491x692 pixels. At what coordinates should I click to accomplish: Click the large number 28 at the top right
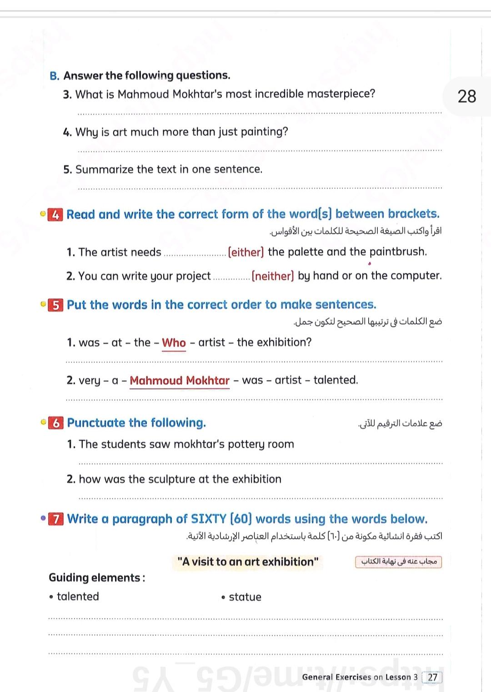pos(467,96)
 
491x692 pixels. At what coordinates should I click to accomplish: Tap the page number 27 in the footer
pos(432,677)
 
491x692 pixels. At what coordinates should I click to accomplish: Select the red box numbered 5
pos(55,305)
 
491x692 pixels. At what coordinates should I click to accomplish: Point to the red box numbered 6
pos(56,423)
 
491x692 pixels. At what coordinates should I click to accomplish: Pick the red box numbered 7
pos(56,519)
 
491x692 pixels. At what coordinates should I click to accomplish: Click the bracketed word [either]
pos(245,252)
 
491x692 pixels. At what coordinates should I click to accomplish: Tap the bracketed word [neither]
pos(273,276)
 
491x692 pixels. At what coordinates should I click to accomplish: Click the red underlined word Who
pos(174,343)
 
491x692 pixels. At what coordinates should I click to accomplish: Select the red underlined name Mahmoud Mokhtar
pos(180,381)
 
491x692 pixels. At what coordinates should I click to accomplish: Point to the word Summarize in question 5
pos(98,169)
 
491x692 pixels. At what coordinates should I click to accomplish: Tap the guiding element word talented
pos(78,597)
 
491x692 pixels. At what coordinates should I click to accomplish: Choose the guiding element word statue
pos(245,597)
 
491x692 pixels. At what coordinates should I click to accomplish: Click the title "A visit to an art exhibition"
pos(248,562)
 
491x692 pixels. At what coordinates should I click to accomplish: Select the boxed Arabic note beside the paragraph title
pos(398,562)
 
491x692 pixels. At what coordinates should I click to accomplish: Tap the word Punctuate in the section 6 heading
pos(96,423)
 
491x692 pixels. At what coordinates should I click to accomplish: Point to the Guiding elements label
pos(97,578)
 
